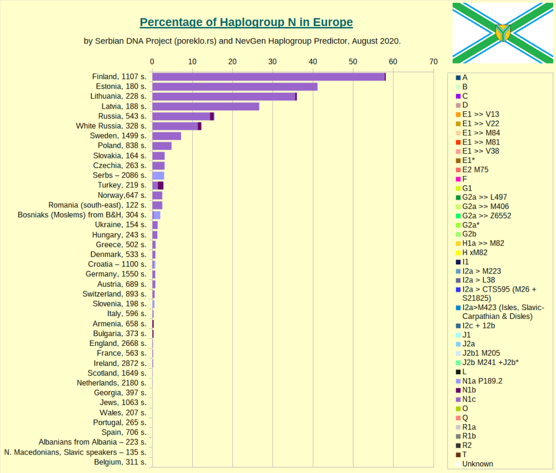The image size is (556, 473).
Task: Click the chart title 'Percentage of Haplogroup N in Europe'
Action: [246, 22]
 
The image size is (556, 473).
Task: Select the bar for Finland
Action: [268, 77]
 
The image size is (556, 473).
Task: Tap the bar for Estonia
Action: [235, 86]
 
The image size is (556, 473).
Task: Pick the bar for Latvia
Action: [205, 106]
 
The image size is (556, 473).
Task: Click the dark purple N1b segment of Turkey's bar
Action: [161, 186]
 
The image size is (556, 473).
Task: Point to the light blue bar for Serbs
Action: [158, 175]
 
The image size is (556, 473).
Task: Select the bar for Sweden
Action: [166, 136]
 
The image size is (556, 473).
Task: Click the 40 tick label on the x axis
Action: [313, 62]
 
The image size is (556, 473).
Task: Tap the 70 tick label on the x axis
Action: [433, 62]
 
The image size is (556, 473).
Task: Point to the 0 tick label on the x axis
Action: [152, 62]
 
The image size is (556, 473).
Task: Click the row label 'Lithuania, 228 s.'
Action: [118, 96]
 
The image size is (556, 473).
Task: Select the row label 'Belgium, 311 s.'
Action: [120, 462]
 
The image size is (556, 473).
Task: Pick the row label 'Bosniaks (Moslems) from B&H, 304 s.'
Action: [82, 215]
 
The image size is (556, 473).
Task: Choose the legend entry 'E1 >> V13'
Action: [481, 114]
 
